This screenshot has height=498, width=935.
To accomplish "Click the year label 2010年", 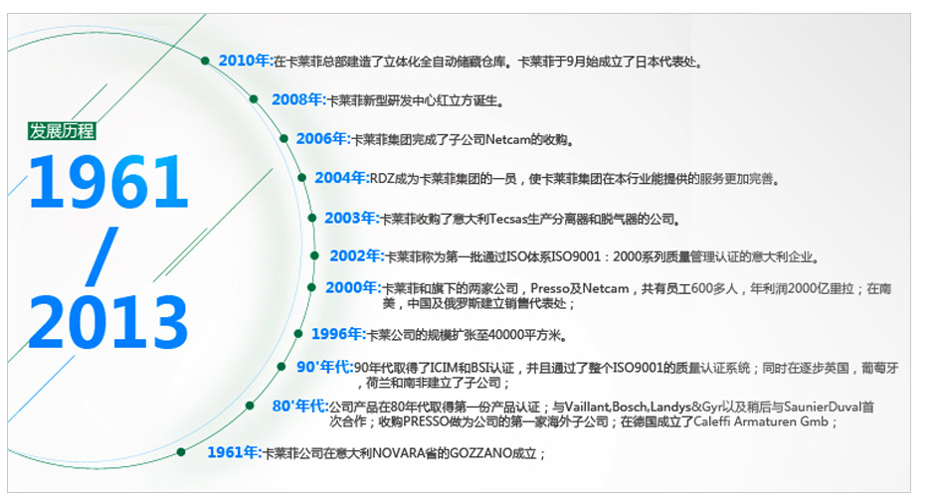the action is [245, 61].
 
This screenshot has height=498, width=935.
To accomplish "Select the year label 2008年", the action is [297, 99].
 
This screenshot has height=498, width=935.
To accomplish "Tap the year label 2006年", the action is [322, 139].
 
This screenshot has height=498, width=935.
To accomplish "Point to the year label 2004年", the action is [340, 178].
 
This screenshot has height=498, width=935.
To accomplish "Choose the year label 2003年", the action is [350, 218].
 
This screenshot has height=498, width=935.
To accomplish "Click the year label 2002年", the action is [355, 256].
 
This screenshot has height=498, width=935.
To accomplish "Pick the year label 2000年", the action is [351, 287].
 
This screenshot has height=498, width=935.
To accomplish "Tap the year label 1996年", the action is [337, 334].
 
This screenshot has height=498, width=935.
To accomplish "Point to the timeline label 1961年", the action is [233, 452].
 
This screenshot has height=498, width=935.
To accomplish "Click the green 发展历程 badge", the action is [62, 131].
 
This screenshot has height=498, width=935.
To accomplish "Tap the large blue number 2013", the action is [108, 322].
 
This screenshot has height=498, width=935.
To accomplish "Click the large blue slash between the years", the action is [101, 256].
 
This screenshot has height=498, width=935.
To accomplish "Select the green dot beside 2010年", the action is [205, 61].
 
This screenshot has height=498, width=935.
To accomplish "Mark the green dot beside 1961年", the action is [181, 452].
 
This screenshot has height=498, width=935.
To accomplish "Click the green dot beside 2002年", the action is [314, 256].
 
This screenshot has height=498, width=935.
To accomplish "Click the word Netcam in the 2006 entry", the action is [508, 139].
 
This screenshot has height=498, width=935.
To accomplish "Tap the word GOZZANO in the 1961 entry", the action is [474, 453].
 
